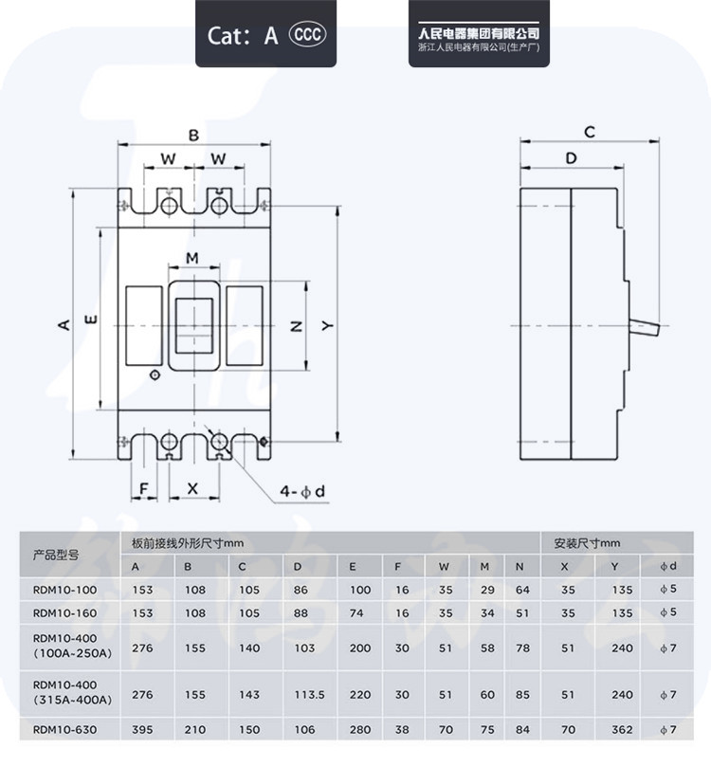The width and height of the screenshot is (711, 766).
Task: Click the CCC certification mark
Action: [307, 34]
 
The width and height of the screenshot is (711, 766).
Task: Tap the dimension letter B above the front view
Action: [194, 136]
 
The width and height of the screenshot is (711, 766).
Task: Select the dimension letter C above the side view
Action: [590, 132]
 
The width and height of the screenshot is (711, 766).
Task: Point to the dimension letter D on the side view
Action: [571, 158]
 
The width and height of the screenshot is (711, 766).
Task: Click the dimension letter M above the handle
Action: [192, 258]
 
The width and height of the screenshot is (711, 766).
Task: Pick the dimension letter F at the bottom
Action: [144, 488]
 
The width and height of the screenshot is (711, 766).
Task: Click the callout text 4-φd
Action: [302, 491]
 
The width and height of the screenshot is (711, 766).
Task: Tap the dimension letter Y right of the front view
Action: [328, 325]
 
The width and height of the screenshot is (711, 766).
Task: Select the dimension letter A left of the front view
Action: [64, 324]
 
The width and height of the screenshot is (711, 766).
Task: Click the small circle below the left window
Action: [155, 375]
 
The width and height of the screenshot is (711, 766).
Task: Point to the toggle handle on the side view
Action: [645, 327]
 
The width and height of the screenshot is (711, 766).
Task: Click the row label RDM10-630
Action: [65, 730]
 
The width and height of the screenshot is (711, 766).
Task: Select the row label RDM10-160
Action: [65, 613]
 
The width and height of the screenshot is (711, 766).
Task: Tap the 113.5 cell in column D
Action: [309, 695]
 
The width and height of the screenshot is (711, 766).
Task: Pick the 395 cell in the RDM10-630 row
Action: [143, 730]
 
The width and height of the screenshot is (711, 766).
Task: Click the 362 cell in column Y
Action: [622, 730]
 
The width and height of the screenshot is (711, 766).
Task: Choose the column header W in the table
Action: [444, 567]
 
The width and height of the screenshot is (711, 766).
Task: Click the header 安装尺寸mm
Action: [587, 543]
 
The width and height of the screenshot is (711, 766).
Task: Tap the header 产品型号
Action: [56, 555]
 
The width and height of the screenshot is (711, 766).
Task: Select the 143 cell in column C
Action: [249, 695]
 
